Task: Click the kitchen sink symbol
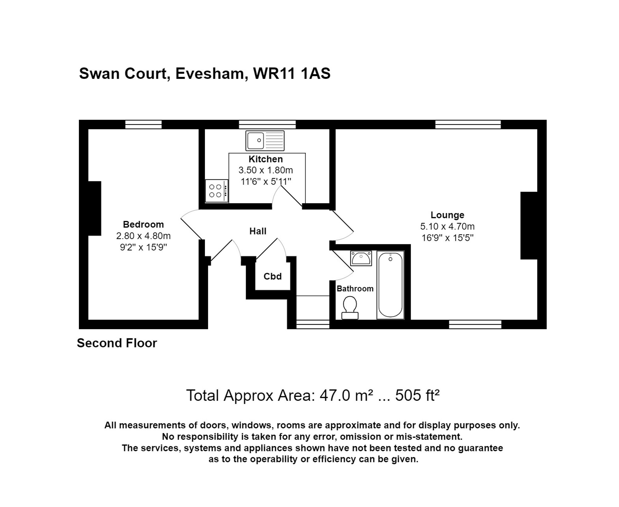click(265, 140)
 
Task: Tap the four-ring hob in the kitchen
click(216, 191)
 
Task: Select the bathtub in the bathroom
click(390, 285)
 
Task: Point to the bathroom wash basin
click(361, 258)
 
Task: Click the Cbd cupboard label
click(272, 276)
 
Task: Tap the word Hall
click(258, 231)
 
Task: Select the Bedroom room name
click(143, 224)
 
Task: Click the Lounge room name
click(447, 215)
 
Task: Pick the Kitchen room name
click(266, 159)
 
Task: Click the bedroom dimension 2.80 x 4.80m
click(143, 236)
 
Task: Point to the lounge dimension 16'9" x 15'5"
click(447, 238)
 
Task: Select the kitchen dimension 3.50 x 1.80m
click(266, 170)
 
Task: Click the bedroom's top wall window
click(143, 125)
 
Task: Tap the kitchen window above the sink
click(267, 125)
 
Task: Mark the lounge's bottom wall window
click(475, 324)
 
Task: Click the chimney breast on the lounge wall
click(529, 226)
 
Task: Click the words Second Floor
click(117, 343)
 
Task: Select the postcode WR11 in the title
click(274, 74)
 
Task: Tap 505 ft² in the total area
click(418, 395)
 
